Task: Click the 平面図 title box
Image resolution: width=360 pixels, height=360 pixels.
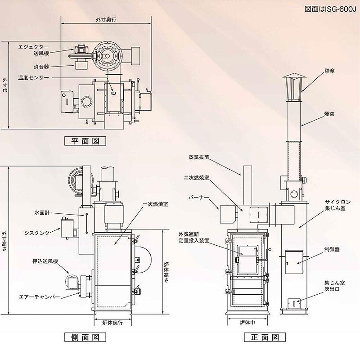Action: (85, 141)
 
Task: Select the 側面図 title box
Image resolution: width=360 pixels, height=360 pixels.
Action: (85, 337)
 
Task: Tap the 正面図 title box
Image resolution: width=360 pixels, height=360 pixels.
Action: (265, 337)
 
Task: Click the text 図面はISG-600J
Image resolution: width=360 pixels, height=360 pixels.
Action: (330, 9)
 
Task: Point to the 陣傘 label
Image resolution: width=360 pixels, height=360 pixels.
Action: (329, 71)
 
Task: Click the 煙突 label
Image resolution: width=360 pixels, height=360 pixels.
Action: (329, 114)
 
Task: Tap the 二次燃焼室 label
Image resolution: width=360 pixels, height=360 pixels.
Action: (196, 177)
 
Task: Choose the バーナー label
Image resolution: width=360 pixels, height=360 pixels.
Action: (199, 198)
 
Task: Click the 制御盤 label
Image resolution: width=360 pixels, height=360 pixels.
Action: (332, 249)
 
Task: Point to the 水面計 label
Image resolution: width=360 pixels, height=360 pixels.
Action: (42, 213)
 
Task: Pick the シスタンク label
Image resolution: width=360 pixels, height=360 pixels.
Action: (37, 233)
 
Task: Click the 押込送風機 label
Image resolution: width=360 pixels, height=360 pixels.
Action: (45, 261)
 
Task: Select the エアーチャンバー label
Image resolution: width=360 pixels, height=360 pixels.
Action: (39, 297)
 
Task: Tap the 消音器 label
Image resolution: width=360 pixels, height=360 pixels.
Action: (41, 67)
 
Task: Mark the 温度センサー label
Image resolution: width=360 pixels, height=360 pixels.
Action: (33, 77)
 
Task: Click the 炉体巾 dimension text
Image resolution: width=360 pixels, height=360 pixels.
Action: (247, 322)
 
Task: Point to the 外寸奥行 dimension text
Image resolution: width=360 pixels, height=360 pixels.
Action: (106, 20)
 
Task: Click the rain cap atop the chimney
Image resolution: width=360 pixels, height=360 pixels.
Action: (294, 87)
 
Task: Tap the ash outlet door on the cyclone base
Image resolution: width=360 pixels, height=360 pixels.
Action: (294, 303)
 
